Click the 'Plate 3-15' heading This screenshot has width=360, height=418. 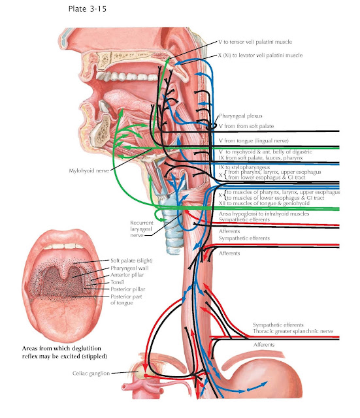87,8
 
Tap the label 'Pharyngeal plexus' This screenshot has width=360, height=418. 240,116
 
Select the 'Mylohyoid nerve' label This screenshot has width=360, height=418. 89,170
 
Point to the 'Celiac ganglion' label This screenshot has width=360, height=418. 91,373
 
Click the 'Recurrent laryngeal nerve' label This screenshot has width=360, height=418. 142,229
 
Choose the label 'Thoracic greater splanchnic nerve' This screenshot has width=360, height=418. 293,331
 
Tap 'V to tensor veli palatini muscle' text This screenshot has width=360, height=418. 255,42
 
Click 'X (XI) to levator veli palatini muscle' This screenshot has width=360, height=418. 260,55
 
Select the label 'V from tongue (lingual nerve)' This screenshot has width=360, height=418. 254,140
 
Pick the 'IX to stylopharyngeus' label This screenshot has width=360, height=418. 244,167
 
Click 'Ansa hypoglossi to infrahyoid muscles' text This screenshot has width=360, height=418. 264,214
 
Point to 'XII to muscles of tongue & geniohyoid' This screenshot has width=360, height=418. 264,203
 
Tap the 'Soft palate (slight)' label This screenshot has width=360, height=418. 131,261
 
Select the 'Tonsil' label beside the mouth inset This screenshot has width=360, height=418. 118,282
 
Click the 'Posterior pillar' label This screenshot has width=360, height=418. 128,289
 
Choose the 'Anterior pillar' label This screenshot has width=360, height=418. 127,275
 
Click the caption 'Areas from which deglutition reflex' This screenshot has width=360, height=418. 61,348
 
